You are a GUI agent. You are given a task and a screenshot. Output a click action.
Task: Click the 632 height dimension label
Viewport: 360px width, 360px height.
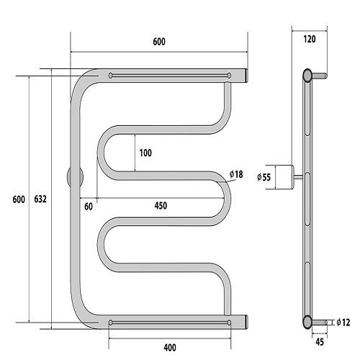tap(40, 199)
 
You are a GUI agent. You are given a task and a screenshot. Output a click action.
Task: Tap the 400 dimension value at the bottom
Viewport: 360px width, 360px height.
tap(170, 347)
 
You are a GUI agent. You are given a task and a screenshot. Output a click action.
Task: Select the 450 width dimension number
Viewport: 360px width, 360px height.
tap(161, 206)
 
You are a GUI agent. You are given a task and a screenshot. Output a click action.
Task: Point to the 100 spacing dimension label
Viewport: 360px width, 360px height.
tap(145, 153)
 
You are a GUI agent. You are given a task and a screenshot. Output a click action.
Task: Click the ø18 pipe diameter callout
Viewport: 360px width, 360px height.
tap(236, 174)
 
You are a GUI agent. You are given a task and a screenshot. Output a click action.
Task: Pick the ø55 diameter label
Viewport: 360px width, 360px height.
tap(264, 177)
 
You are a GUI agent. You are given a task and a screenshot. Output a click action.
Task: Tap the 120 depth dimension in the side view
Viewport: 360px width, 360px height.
tap(310, 39)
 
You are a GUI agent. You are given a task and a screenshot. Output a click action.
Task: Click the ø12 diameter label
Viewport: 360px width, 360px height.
tap(343, 323)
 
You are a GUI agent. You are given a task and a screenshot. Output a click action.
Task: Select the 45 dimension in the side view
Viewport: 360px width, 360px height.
tap(320, 342)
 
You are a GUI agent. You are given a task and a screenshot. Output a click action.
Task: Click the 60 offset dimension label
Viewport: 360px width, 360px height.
tap(89, 207)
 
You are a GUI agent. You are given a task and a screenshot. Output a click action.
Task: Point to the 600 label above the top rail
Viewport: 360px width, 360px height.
tap(159, 42)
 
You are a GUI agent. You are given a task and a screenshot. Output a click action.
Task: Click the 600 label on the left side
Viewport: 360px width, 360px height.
tap(19, 199)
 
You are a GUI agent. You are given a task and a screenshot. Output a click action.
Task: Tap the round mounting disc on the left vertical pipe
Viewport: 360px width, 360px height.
tap(75, 177)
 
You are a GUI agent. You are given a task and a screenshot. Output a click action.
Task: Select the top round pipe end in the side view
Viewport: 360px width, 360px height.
tap(307, 75)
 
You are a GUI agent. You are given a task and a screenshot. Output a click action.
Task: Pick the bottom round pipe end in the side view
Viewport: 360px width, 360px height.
tap(307, 322)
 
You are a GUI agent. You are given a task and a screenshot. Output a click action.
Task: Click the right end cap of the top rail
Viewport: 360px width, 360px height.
tap(246, 76)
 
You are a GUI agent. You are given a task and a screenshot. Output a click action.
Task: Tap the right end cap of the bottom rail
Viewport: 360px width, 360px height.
tap(246, 322)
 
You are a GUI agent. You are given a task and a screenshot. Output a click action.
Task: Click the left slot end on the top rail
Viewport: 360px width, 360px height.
tap(110, 76)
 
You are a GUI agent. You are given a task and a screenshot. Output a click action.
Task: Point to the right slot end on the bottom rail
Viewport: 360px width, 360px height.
tap(229, 323)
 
